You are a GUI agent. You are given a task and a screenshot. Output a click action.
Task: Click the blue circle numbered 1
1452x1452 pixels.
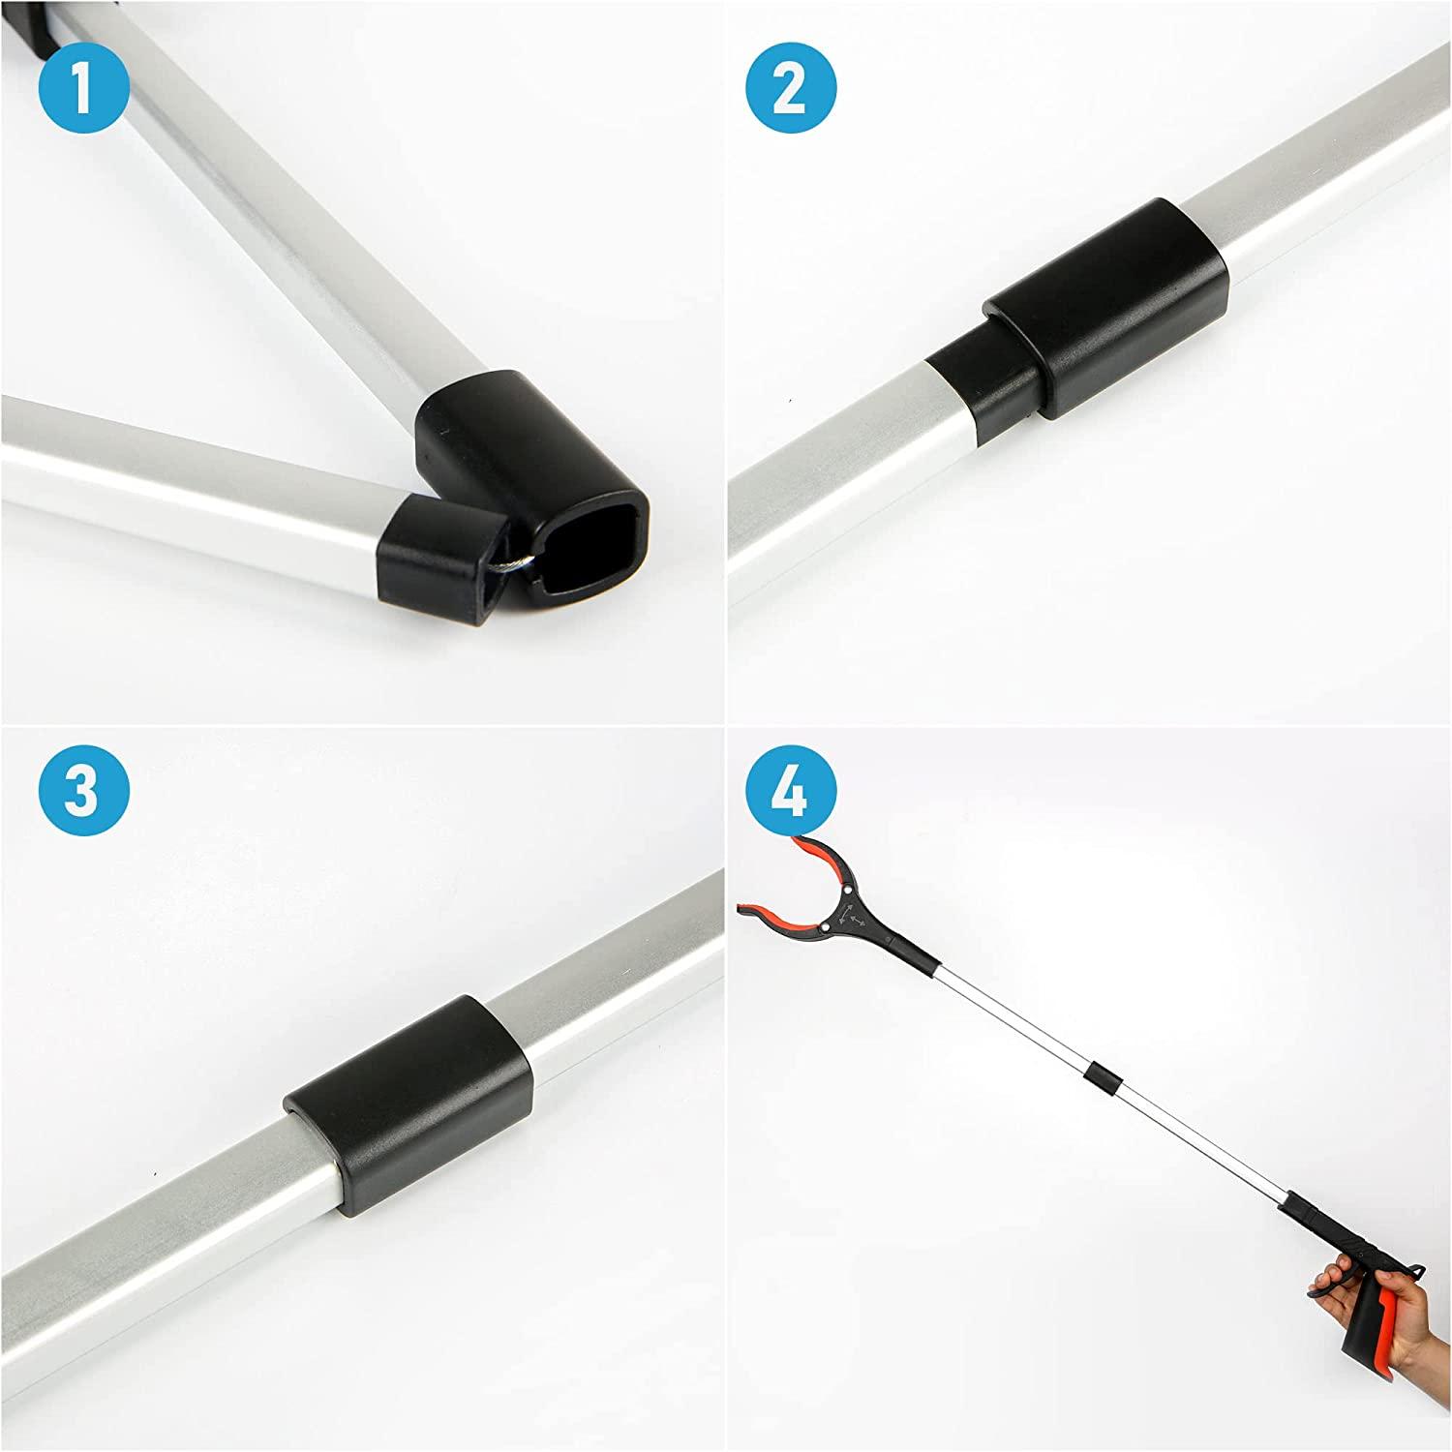[83, 89]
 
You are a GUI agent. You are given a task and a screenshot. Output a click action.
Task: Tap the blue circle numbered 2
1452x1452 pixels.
[791, 89]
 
